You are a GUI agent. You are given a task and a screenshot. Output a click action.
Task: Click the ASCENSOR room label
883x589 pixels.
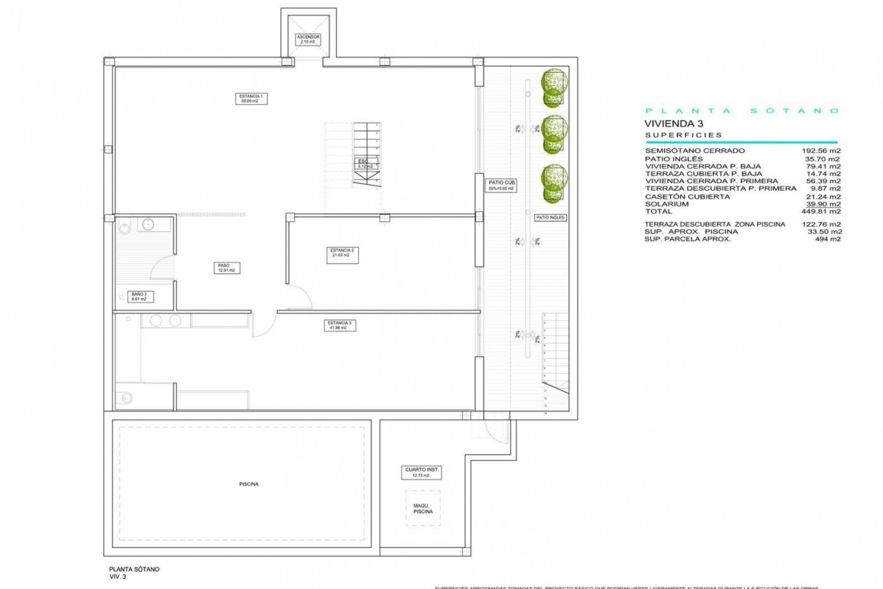click(308, 39)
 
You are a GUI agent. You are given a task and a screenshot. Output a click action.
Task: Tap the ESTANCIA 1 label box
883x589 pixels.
click(251, 98)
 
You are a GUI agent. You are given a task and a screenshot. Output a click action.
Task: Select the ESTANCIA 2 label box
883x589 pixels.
click(342, 255)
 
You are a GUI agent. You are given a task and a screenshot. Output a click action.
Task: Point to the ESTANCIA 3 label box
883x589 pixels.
click(339, 325)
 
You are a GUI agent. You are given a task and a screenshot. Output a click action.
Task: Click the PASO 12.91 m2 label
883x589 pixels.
click(226, 268)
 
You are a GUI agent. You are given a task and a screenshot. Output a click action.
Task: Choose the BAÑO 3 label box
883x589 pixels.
click(139, 297)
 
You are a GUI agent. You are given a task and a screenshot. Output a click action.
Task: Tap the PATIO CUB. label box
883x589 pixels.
click(501, 185)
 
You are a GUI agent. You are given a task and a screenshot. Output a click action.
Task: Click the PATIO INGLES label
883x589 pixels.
click(550, 218)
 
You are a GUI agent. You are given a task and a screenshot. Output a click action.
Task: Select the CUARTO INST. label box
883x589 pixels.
click(421, 473)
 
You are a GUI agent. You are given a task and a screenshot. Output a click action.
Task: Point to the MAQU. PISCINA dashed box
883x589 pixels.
click(423, 508)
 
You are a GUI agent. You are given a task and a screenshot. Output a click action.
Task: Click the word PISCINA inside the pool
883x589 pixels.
click(249, 484)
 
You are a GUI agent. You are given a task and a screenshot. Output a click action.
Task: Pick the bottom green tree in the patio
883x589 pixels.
click(554, 183)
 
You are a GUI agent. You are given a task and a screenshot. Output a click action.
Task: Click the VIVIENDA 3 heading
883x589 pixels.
click(673, 123)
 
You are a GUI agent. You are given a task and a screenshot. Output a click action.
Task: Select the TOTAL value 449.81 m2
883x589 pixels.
click(821, 212)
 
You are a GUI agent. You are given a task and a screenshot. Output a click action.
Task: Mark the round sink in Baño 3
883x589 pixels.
click(148, 225)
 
